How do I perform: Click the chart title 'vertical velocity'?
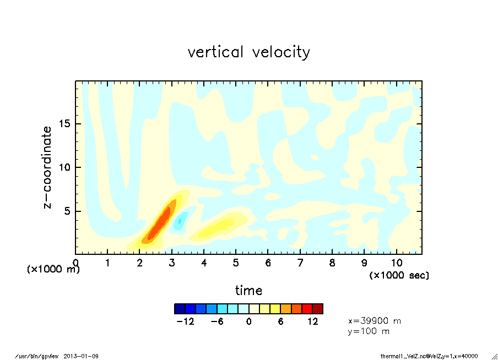coord(248,52)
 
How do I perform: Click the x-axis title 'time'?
coord(248,290)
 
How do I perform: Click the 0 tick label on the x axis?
coord(76,263)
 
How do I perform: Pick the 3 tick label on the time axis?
coord(172,263)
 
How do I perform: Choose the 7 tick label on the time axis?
coord(300,263)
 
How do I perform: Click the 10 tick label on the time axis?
coord(396,263)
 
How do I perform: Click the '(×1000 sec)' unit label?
coord(399,275)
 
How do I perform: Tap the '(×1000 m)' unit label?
coord(53,270)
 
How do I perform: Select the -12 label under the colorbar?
coord(185,322)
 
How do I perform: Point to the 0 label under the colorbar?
coord(248,322)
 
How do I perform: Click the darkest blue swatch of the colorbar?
coord(180,308)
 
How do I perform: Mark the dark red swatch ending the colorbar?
coord(318,308)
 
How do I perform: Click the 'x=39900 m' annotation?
coord(375,321)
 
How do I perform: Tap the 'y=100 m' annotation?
coord(369,331)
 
